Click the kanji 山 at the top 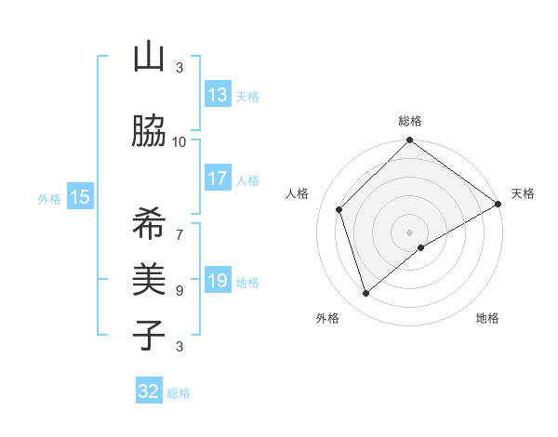tap(149, 58)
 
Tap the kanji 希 tap(149, 223)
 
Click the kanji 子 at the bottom tap(149, 333)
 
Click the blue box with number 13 tap(218, 95)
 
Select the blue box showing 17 tap(218, 179)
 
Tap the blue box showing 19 tap(218, 281)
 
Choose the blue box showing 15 tap(80, 197)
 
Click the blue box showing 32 tap(149, 391)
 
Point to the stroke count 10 tap(179, 142)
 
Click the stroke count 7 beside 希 tap(179, 225)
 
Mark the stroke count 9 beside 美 tap(179, 290)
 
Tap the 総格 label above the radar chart tap(410, 121)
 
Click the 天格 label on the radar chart tap(523, 193)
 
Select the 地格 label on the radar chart tap(487, 318)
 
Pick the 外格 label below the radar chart tap(327, 318)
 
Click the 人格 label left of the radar tap(298, 193)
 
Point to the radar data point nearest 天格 tap(498, 204)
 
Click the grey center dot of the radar tap(409, 232)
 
